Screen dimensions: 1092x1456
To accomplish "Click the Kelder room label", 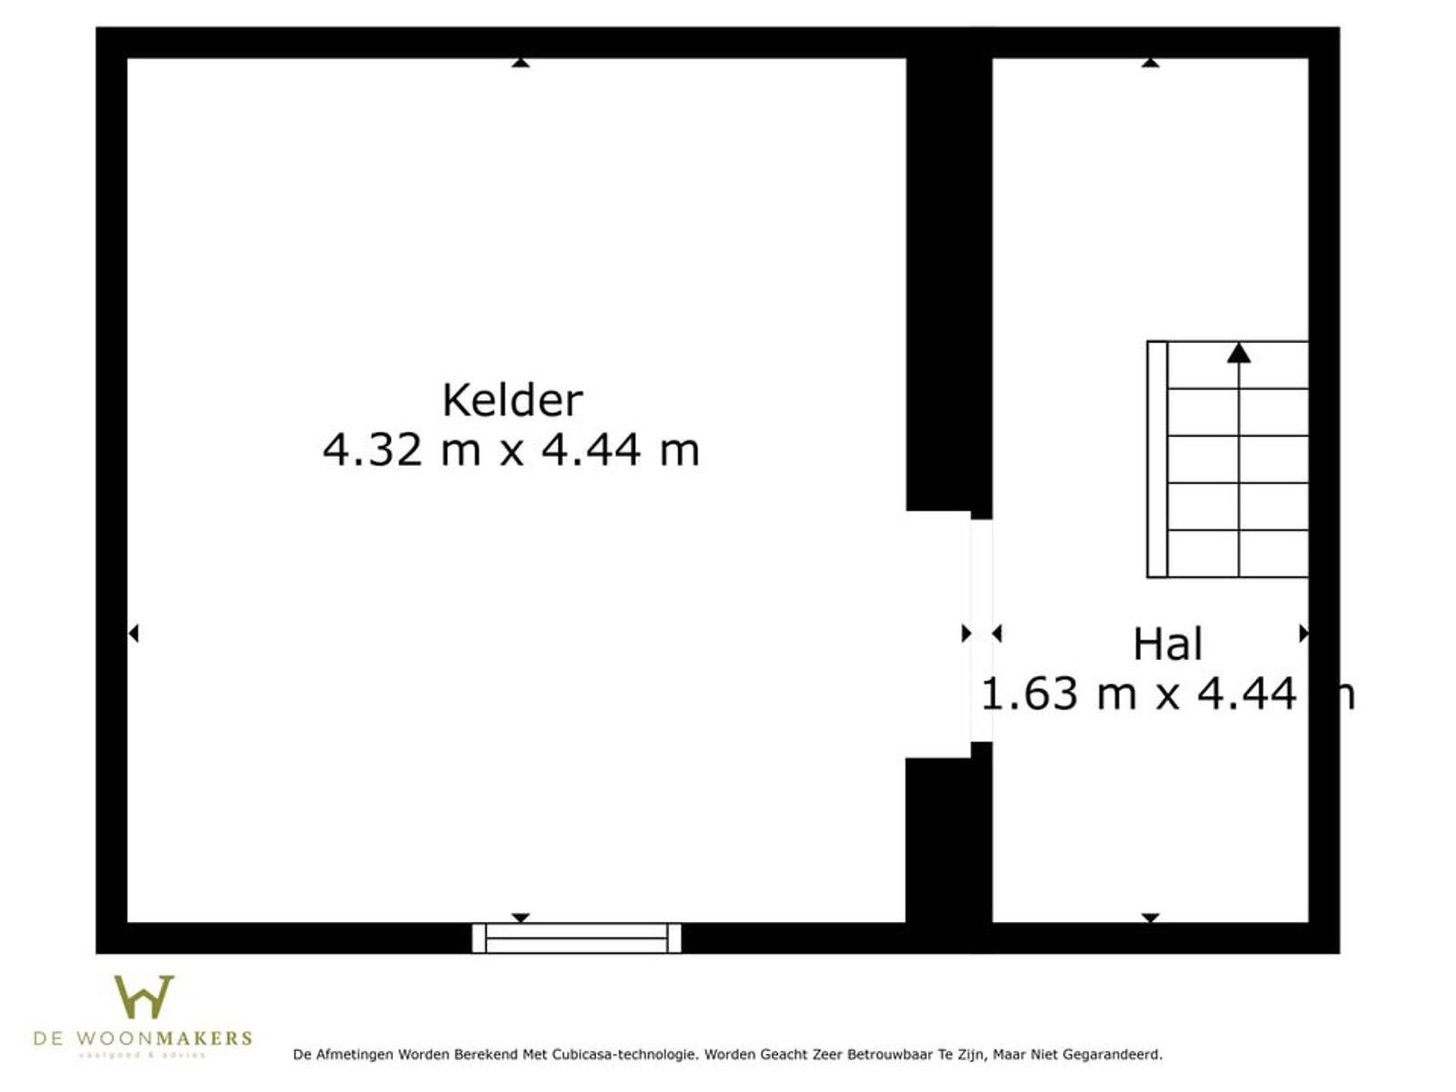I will [x=511, y=400].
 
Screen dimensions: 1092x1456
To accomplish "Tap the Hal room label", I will [x=1168, y=644].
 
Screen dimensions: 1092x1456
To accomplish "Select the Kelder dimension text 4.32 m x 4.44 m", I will [x=511, y=450].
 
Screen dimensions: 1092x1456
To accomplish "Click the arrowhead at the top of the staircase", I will [x=1239, y=353].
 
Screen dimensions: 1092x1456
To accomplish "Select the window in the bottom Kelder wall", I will [x=577, y=937].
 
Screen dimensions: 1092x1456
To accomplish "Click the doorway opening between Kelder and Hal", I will [x=981, y=631].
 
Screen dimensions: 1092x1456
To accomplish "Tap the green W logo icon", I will [x=144, y=997].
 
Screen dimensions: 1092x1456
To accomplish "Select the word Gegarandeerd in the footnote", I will [x=1112, y=1055].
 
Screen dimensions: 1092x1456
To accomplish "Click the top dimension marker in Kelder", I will [x=520, y=63].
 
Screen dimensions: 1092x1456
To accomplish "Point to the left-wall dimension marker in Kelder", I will [x=133, y=632].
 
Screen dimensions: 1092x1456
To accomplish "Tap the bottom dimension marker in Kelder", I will [x=520, y=917].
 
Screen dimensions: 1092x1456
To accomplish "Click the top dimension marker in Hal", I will [x=1150, y=63].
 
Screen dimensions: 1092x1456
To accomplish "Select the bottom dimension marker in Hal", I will [x=1150, y=917].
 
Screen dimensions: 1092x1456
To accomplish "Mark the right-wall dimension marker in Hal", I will [x=1303, y=632].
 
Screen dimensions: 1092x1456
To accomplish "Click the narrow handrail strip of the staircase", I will [x=1157, y=459].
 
